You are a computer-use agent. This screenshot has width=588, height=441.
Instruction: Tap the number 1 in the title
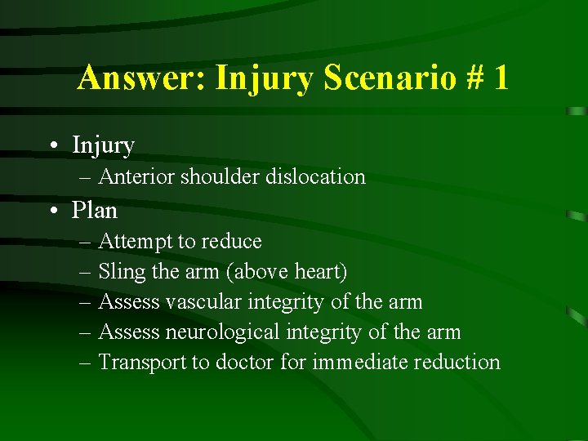point(500,78)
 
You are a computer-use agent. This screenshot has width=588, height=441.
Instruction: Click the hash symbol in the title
point(471,78)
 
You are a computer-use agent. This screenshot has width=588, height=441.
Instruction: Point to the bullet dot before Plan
point(53,211)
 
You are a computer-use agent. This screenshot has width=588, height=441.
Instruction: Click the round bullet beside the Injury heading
point(53,146)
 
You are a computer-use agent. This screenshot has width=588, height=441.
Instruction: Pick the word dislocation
point(315,176)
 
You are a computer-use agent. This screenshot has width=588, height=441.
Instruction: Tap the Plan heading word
point(95,211)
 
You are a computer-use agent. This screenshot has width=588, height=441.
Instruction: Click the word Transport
point(142,363)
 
